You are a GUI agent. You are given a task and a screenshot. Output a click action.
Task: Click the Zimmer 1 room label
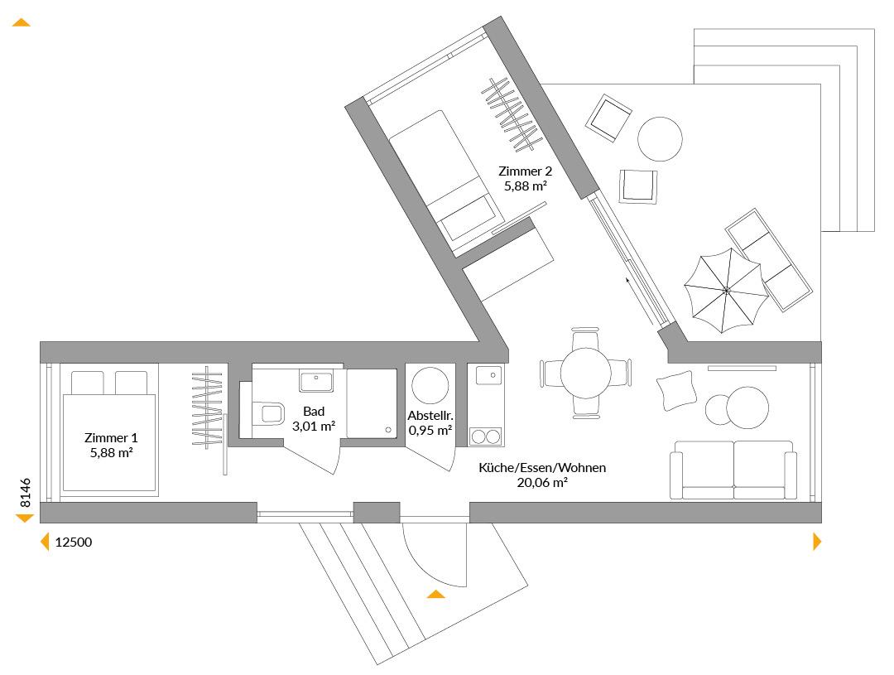[x=111, y=438]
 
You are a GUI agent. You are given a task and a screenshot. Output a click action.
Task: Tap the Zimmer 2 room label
[x=525, y=171]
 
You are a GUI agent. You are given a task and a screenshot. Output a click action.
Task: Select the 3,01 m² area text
[x=314, y=427]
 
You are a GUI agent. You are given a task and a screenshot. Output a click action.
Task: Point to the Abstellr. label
[x=430, y=416]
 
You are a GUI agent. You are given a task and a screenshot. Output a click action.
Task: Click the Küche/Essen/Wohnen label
[x=542, y=468]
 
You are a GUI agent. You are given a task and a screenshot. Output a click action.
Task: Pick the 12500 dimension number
[x=74, y=542]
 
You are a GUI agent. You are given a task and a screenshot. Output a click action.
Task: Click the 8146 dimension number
[x=26, y=493]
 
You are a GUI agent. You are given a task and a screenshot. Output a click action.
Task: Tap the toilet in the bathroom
[x=267, y=413]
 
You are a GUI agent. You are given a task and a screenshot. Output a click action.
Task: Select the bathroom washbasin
[x=316, y=381]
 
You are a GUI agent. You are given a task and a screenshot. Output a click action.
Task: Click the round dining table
[x=585, y=374]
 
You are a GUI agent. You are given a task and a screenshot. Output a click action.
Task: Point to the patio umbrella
[x=726, y=291]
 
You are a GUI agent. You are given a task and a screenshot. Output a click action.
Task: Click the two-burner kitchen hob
[x=486, y=437]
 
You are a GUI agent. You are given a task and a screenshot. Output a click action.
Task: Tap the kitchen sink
[x=486, y=375]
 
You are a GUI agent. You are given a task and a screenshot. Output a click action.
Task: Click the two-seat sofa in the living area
[x=733, y=470]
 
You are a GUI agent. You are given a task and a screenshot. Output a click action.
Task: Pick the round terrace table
[x=660, y=138]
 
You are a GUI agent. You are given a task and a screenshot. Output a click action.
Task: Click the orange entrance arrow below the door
[x=436, y=594]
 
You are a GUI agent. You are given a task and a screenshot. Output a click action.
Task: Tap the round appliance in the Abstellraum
[x=430, y=386]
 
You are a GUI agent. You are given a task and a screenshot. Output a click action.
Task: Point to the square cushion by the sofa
[x=677, y=391]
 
